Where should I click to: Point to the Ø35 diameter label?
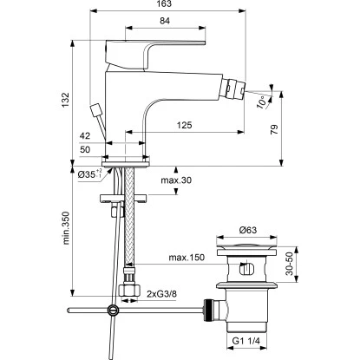(86, 176)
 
